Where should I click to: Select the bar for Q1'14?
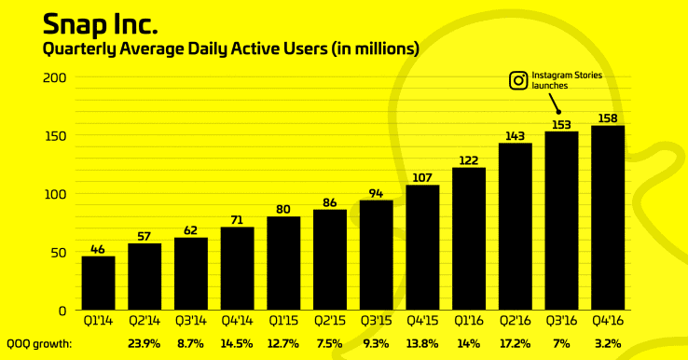point(99,283)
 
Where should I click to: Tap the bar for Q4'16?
point(608,217)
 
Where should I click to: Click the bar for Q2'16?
point(516,226)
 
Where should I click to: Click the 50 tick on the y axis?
point(55,252)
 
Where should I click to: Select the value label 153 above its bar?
point(561,123)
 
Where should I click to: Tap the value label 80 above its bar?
point(284,208)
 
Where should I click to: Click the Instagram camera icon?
point(518,80)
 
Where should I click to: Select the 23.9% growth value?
point(144,342)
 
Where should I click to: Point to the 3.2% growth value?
point(608,342)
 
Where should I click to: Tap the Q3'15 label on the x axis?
point(377,320)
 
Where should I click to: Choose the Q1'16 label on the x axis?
point(469,320)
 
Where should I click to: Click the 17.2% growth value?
point(516,342)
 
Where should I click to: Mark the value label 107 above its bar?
point(423,177)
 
